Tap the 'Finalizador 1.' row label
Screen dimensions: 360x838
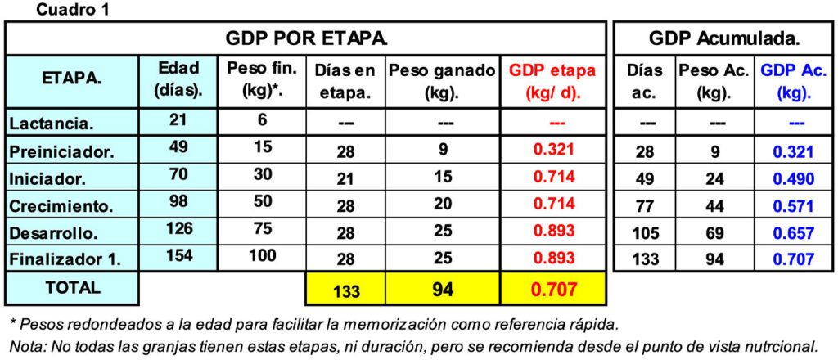point(65,259)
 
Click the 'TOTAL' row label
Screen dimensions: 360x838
point(73,288)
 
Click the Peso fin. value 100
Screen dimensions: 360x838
point(262,255)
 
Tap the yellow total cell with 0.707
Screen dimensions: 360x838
point(552,290)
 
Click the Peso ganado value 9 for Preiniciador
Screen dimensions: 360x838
point(443,151)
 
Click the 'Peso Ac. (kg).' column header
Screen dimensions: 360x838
point(713,81)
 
